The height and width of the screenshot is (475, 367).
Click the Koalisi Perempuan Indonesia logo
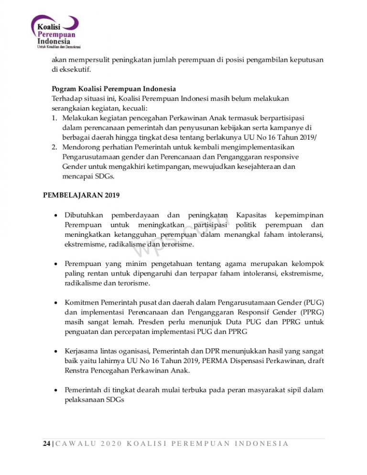pyautogui.click(x=55, y=33)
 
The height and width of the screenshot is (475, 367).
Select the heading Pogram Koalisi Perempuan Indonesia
pyautogui.click(x=114, y=89)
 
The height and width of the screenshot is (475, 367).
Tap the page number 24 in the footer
pyautogui.click(x=47, y=443)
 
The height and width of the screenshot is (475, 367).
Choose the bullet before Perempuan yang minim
pyautogui.click(x=56, y=264)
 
